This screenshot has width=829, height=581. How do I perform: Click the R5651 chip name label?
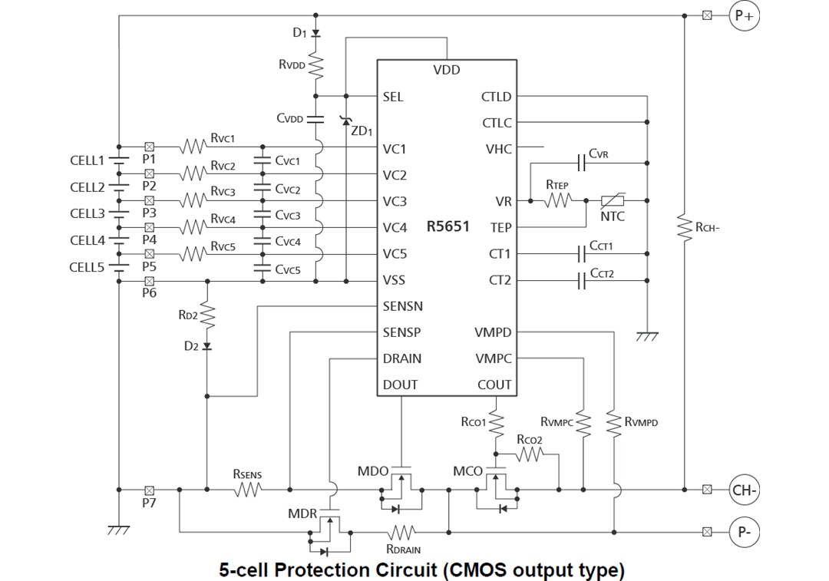(448, 227)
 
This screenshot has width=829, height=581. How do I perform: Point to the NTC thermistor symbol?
(612, 201)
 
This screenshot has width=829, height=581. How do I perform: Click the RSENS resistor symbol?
(247, 489)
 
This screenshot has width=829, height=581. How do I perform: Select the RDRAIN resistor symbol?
(402, 531)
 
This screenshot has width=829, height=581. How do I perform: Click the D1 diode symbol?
(316, 32)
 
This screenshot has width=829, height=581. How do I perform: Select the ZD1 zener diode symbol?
(346, 120)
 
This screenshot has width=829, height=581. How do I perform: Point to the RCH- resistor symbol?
(683, 227)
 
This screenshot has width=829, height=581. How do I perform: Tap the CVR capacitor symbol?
(581, 163)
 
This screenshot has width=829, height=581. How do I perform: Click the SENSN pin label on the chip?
(402, 306)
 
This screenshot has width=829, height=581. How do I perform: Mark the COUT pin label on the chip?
(494, 385)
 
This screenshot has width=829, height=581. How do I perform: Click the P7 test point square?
(150, 489)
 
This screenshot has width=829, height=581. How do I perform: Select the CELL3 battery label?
(87, 213)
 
